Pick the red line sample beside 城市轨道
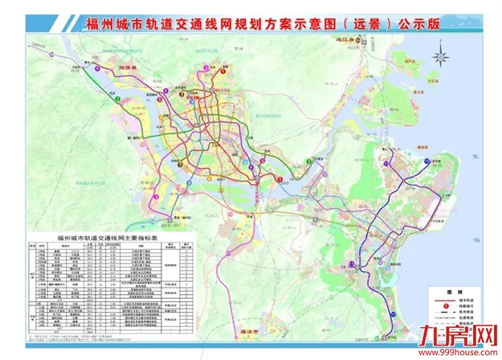(443, 301)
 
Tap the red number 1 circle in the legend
(443, 309)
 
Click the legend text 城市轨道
(466, 301)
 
